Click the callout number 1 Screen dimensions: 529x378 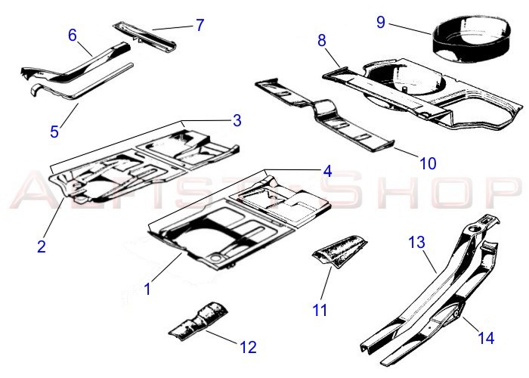pyautogui.click(x=147, y=290)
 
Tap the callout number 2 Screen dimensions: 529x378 pyautogui.click(x=42, y=246)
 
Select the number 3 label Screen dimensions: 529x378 pyautogui.click(x=237, y=120)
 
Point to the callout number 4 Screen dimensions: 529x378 pyautogui.click(x=327, y=171)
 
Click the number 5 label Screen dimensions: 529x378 pyautogui.click(x=54, y=132)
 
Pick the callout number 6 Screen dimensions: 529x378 pyautogui.click(x=73, y=35)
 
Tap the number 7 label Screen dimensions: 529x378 pyautogui.click(x=200, y=25)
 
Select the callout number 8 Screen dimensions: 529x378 pyautogui.click(x=322, y=41)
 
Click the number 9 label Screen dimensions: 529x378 pyautogui.click(x=381, y=22)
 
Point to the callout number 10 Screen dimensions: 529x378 pyautogui.click(x=428, y=163)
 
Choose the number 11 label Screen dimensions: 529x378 pyautogui.click(x=320, y=310)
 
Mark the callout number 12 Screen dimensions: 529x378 pyautogui.click(x=249, y=347)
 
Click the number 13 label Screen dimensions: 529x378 pyautogui.click(x=417, y=243)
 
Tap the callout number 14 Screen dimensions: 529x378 pyautogui.click(x=486, y=338)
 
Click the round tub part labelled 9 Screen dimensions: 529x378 pyautogui.click(x=472, y=40)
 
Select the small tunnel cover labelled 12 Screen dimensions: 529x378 pyautogui.click(x=198, y=321)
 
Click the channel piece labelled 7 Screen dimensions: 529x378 pyautogui.click(x=144, y=36)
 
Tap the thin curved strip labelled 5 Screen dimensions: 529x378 pyautogui.click(x=82, y=82)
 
